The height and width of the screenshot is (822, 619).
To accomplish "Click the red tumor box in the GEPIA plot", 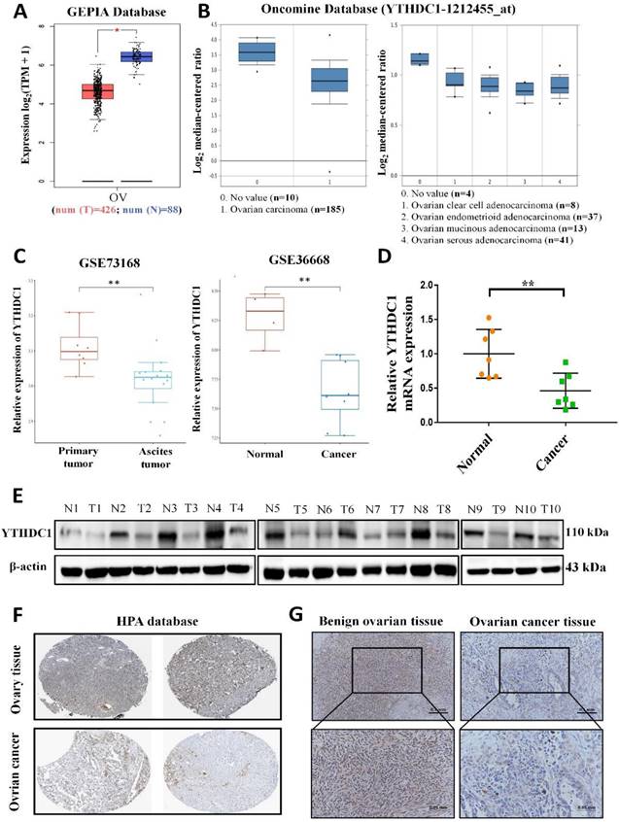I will point(96,91).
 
